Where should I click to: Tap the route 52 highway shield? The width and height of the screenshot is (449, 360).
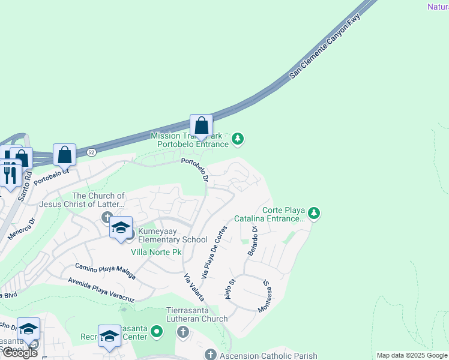[x=91, y=152]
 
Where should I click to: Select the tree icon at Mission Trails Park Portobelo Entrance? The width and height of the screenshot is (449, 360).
[x=238, y=139]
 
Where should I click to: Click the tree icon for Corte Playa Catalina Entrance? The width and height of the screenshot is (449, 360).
[x=313, y=213]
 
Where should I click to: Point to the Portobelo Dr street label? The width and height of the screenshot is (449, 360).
[x=196, y=170]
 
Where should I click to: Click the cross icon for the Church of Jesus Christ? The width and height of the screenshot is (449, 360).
[x=107, y=217]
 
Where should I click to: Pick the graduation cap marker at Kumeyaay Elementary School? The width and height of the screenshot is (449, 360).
[x=121, y=227]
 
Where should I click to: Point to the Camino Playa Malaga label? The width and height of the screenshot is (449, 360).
[x=105, y=272]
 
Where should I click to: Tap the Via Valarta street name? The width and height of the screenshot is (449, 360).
[x=193, y=287]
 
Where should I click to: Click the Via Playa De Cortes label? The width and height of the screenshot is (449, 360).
[x=214, y=252]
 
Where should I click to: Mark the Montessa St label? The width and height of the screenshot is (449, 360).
[x=265, y=296]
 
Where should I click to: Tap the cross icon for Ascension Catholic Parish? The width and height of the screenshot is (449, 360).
[x=210, y=355]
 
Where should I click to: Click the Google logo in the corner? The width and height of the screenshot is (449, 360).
[x=19, y=353]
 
